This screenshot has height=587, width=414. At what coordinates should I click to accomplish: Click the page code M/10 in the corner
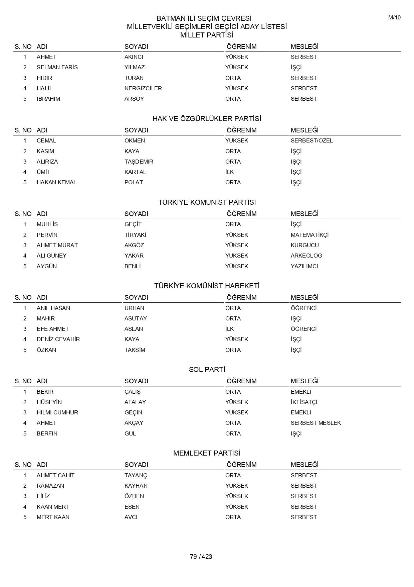394,18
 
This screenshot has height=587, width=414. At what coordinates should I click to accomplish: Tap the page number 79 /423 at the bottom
201,557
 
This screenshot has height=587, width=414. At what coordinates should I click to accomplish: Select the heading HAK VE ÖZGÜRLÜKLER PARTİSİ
207,119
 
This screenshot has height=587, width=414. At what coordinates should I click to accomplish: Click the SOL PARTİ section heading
207,370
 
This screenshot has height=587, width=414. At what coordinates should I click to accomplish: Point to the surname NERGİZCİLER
143,88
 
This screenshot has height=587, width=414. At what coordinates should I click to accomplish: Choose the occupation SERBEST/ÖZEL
312,140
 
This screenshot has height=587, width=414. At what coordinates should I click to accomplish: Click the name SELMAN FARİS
57,67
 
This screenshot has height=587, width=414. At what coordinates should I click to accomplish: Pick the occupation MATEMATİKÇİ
309,235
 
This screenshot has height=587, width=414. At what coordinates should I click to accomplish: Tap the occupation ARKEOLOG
306,256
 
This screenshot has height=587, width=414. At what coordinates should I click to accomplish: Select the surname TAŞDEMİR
139,162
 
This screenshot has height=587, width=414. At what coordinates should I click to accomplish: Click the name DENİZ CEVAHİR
58,339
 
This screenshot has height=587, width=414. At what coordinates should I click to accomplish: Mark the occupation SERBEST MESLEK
316,423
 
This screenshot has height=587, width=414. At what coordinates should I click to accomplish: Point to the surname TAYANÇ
136,475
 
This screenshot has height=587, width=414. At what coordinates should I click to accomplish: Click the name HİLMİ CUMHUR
57,412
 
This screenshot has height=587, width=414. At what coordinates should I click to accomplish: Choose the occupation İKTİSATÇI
304,402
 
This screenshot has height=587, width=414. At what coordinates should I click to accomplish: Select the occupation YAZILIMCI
304,266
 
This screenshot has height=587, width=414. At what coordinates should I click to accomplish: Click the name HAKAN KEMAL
56,182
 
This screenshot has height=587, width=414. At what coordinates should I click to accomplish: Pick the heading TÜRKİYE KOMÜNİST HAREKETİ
207,286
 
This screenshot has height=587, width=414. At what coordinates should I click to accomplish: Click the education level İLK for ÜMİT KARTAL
229,172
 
